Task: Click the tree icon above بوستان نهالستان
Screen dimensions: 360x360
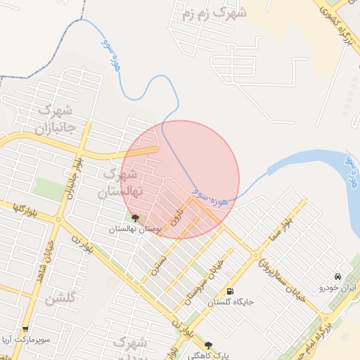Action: coord(135,218)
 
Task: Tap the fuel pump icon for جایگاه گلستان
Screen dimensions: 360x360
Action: coord(230,291)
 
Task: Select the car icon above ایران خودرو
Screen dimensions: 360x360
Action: coord(338,276)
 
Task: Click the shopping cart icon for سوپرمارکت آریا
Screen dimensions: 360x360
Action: coord(26,329)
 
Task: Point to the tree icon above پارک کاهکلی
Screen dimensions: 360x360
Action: coord(207,345)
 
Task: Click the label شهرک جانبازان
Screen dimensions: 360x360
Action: coord(53,120)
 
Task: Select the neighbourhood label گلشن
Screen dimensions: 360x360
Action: coord(59,299)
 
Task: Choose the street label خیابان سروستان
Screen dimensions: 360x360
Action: coord(204,281)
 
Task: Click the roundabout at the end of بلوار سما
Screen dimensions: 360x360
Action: coord(257,257)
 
